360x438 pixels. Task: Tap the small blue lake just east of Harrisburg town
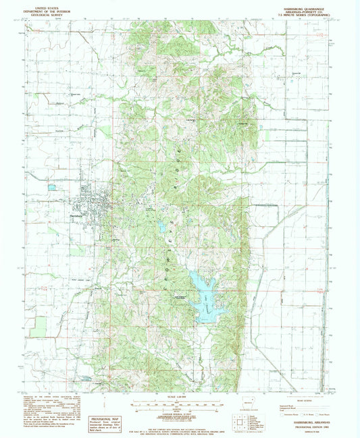click(163, 227)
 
